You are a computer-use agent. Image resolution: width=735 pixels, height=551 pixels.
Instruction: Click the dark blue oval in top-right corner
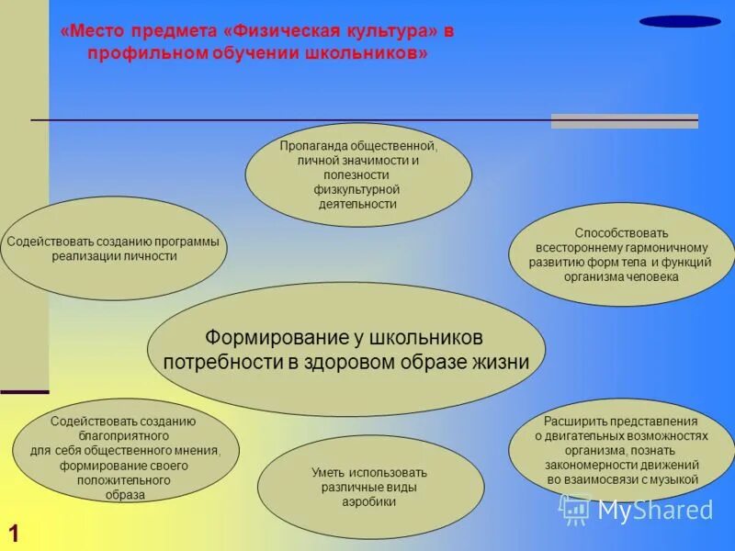tap(680, 21)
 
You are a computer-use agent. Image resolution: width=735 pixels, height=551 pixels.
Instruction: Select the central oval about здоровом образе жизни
tap(346, 349)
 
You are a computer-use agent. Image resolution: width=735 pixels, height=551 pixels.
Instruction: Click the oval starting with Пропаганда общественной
tap(358, 174)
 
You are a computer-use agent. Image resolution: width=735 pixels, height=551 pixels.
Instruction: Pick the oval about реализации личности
tap(114, 249)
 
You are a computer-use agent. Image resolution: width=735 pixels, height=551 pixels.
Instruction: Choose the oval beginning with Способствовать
tap(621, 254)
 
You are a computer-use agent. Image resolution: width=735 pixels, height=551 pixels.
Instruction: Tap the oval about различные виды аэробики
tap(370, 487)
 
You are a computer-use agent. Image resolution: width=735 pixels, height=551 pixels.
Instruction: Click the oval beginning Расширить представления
tap(621, 450)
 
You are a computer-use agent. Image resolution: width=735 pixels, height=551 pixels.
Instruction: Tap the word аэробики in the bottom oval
tap(370, 502)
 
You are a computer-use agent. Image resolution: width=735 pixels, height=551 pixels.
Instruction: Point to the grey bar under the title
tap(624, 121)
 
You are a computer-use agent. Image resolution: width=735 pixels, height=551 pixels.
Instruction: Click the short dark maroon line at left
tap(24, 392)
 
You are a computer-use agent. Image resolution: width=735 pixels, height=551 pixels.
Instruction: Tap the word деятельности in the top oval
tap(357, 204)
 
